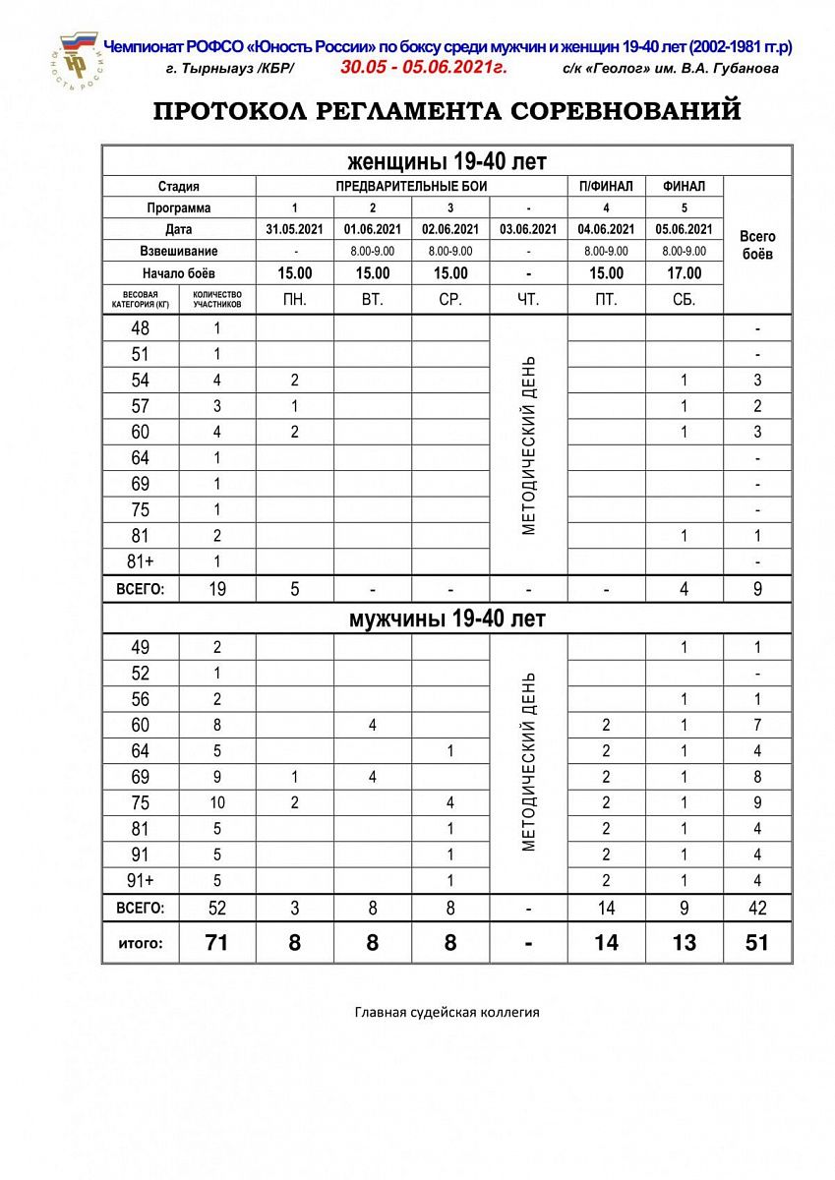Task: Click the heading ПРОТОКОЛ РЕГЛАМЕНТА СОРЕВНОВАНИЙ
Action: tap(447, 111)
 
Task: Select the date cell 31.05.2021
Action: tap(294, 229)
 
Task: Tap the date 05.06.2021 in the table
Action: tap(684, 229)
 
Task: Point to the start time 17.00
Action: tap(684, 273)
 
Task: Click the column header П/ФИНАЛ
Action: tap(606, 186)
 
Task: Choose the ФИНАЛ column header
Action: tap(684, 186)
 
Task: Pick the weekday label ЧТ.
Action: tap(528, 300)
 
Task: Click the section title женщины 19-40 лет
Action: tap(447, 160)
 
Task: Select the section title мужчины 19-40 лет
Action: tap(447, 619)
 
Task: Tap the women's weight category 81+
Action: tap(141, 561)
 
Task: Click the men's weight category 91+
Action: tap(141, 880)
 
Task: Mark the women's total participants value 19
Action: tap(216, 589)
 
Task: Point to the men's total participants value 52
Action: tap(216, 908)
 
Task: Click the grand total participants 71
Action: tap(216, 943)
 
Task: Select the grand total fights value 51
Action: tap(756, 943)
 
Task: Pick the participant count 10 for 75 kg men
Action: tap(216, 802)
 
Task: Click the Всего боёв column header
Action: tap(756, 244)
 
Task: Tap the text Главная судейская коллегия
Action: tap(447, 1011)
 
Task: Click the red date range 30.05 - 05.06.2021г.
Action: tap(422, 68)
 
